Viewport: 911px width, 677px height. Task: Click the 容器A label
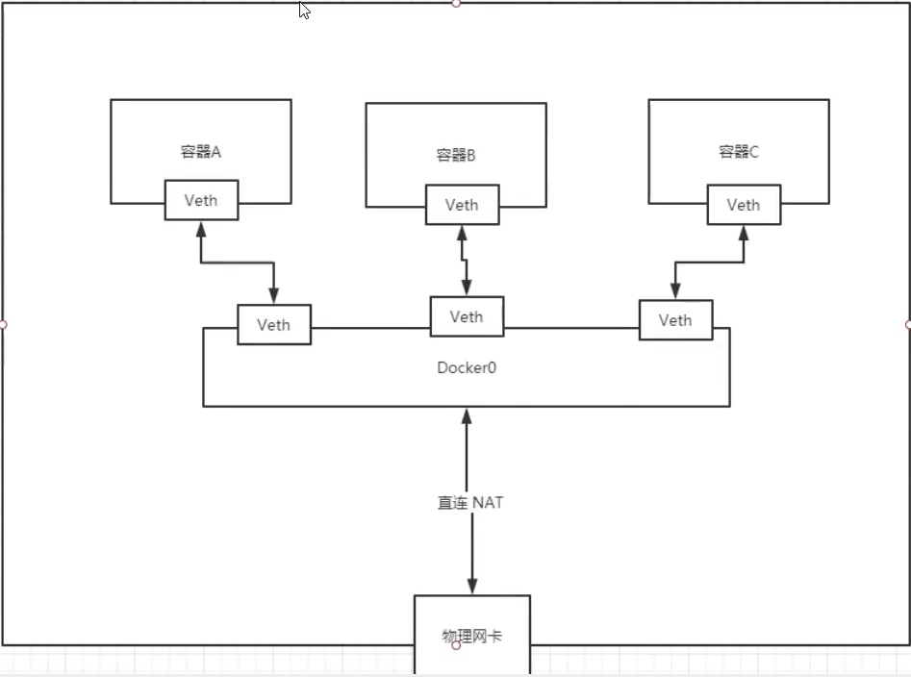200,152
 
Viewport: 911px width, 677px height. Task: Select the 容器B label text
456,155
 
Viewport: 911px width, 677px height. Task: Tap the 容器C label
739,152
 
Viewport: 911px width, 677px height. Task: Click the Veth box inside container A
201,200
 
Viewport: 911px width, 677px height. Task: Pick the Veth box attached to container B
462,205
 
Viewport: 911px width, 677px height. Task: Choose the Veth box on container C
744,205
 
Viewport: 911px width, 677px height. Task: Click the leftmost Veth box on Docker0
273,325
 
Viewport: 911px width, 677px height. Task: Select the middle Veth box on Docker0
467,316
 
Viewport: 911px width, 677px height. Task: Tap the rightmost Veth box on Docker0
675,320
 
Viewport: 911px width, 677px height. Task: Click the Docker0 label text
467,367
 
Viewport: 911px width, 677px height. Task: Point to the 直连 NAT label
470,502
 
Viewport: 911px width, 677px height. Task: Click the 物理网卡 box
471,636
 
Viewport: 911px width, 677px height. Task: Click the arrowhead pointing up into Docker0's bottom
467,415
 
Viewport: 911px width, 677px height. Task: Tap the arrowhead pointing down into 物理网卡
472,586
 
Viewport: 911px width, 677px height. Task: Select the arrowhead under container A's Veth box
201,229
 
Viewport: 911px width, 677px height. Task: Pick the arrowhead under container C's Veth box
744,233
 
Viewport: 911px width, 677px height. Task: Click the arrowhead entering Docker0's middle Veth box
467,288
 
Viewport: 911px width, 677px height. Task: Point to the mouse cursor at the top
304,10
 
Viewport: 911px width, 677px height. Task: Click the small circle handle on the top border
456,3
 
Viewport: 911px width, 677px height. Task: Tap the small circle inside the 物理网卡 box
456,645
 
